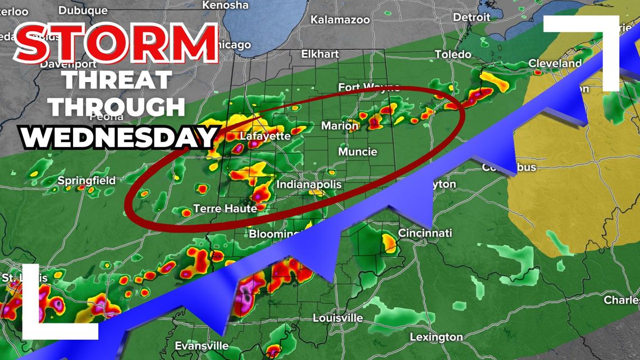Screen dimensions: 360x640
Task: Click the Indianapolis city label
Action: click(309, 185)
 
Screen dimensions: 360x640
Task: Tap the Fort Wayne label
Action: click(369, 87)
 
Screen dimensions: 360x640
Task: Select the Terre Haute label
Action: click(225, 208)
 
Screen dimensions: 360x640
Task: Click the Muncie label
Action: click(358, 152)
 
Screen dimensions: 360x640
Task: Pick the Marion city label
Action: click(340, 126)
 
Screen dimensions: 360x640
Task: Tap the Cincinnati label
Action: click(425, 233)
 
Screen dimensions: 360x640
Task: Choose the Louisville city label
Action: click(337, 318)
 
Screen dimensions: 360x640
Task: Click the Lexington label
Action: click(436, 337)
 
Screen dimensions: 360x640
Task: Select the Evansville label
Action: click(202, 345)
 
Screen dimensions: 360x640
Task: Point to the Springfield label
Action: click(86, 180)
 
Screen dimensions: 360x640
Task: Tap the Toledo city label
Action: click(453, 54)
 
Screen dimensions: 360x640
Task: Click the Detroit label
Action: click(472, 17)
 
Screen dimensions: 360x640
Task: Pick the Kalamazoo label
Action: click(340, 20)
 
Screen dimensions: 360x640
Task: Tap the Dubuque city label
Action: click(83, 10)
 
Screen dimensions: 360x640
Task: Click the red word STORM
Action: click(116, 43)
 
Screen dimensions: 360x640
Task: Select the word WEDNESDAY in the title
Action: click(118, 136)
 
